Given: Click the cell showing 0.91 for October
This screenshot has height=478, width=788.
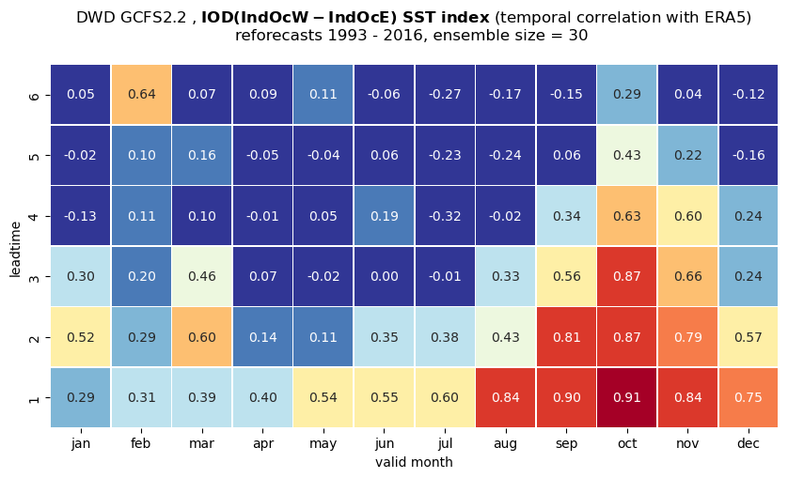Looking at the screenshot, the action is pyautogui.click(x=626, y=397).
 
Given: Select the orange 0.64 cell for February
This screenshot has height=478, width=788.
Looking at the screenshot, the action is pyautogui.click(x=141, y=95).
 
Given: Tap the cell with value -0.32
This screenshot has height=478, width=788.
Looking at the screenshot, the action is pyautogui.click(x=445, y=216).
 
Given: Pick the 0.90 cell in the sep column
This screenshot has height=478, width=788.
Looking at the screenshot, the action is pyautogui.click(x=566, y=397).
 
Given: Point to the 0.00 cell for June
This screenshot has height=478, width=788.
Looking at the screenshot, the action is pyautogui.click(x=384, y=276).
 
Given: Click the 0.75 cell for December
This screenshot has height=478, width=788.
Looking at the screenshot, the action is pyautogui.click(x=749, y=397).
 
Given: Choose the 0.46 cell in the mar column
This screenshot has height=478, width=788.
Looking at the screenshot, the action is pyautogui.click(x=202, y=276).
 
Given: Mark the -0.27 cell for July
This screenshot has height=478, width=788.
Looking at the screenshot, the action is pyautogui.click(x=445, y=95).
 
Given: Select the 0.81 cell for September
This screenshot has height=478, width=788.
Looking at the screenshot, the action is pyautogui.click(x=566, y=337).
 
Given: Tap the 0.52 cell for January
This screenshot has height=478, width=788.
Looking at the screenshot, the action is pyautogui.click(x=81, y=337).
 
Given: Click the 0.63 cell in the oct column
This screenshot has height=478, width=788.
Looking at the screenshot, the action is pyautogui.click(x=626, y=216).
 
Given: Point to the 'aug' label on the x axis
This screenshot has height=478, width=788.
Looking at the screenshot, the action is pyautogui.click(x=505, y=444).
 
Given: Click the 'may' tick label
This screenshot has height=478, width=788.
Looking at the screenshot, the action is pyautogui.click(x=323, y=444).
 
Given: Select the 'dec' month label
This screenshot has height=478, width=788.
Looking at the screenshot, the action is pyautogui.click(x=749, y=444).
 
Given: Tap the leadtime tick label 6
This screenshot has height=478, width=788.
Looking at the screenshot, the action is pyautogui.click(x=34, y=95).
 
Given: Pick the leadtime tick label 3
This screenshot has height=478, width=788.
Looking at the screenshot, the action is pyautogui.click(x=34, y=277).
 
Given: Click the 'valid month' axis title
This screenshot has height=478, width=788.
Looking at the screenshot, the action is pyautogui.click(x=414, y=462).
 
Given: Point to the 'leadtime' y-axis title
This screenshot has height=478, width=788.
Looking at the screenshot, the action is pyautogui.click(x=16, y=249).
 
